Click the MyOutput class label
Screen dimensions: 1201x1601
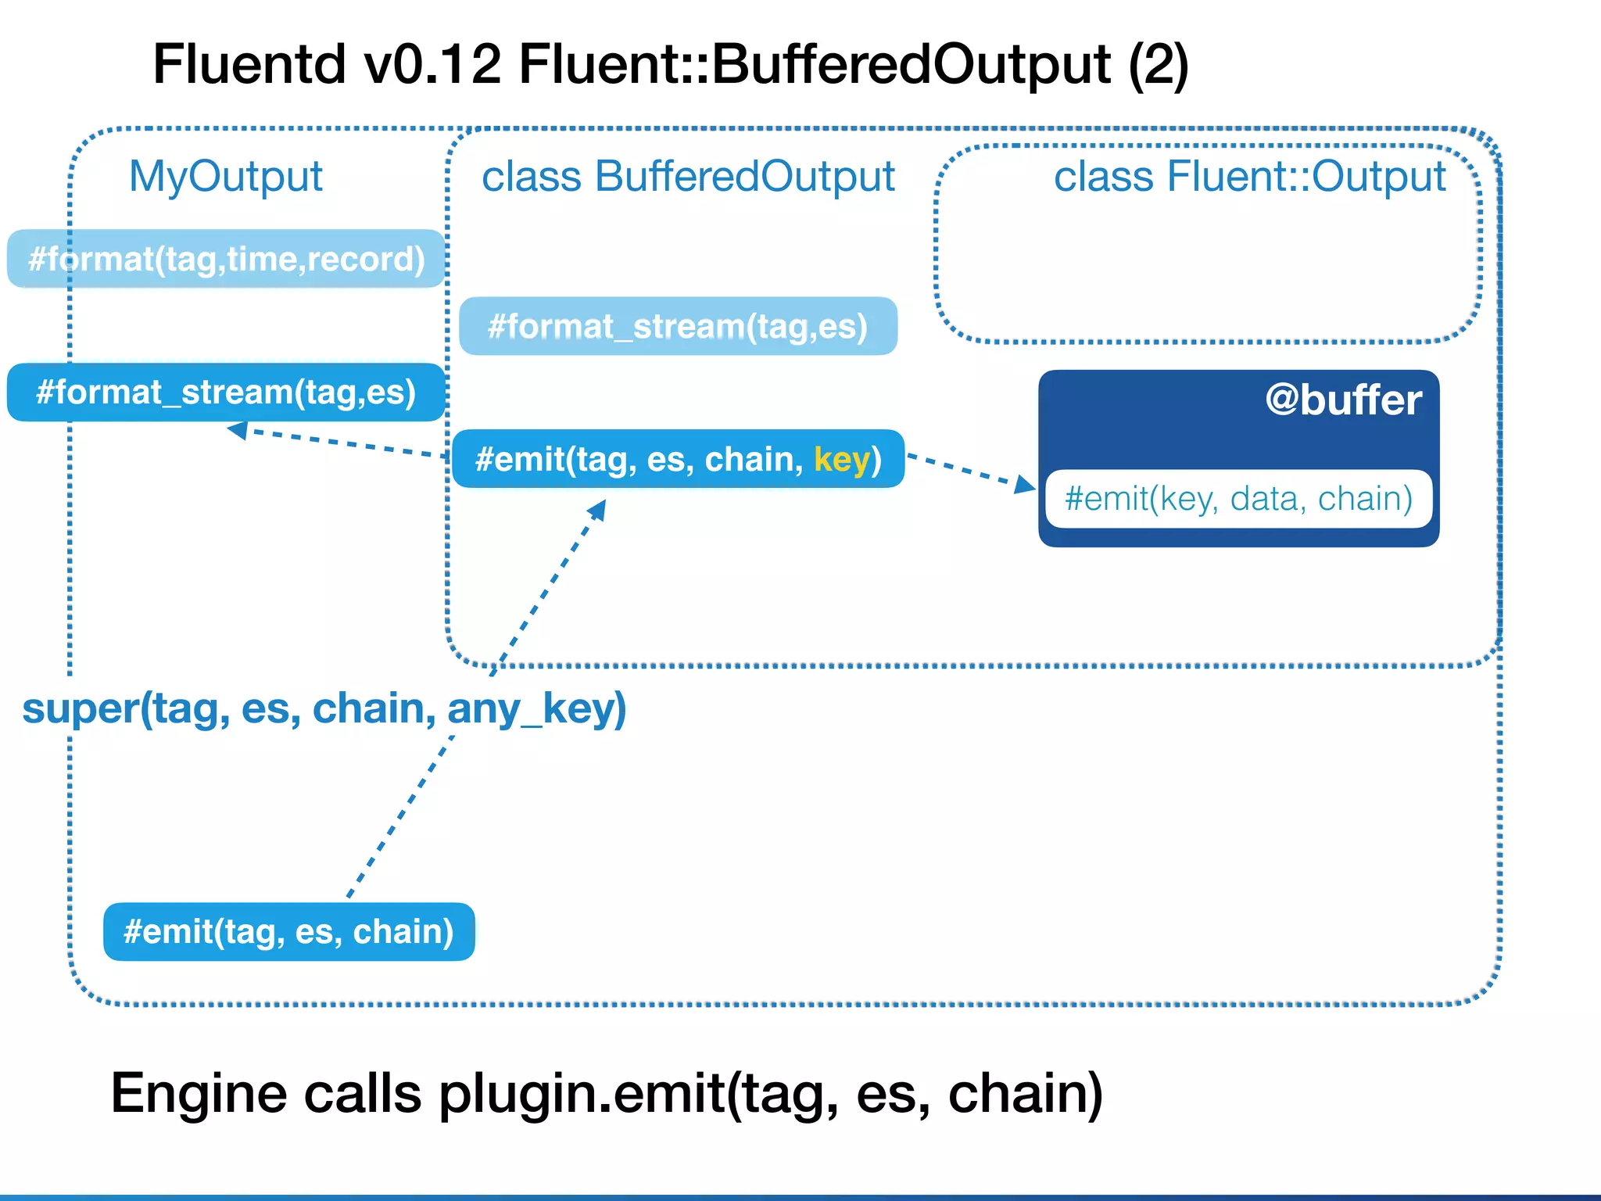(x=225, y=177)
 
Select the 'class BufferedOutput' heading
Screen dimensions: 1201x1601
(x=688, y=177)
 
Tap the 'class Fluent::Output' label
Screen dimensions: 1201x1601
(x=1249, y=177)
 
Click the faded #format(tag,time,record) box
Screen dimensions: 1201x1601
(x=226, y=259)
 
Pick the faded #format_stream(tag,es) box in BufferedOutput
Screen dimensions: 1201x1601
(x=678, y=326)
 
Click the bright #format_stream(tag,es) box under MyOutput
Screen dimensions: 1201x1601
(x=226, y=392)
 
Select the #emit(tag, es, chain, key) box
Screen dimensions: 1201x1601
(x=678, y=459)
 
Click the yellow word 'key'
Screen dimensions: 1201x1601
(x=841, y=459)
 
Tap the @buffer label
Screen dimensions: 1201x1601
(x=1342, y=400)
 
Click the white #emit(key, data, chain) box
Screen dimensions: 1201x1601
(x=1238, y=499)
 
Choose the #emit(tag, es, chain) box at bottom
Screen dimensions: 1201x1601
(x=288, y=932)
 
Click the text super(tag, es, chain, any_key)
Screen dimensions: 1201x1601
(x=324, y=708)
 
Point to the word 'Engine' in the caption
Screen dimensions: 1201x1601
(x=199, y=1093)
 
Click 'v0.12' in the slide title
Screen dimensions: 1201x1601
(x=432, y=64)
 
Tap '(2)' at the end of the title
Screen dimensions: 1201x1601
(x=1158, y=64)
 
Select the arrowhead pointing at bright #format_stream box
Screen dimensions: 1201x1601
(x=238, y=430)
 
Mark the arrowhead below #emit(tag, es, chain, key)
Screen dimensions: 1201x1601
(x=597, y=511)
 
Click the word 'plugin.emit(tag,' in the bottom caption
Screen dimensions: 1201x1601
(x=638, y=1093)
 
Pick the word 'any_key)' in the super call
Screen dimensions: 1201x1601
(x=536, y=708)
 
